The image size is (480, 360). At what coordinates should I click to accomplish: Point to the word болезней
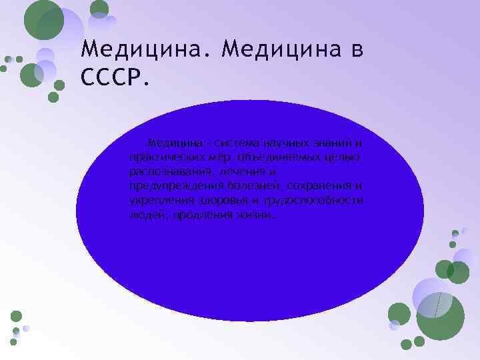[x=249, y=187]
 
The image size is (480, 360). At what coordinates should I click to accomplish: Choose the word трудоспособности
[x=313, y=201]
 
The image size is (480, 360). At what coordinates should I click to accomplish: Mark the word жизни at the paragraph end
[x=253, y=215]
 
